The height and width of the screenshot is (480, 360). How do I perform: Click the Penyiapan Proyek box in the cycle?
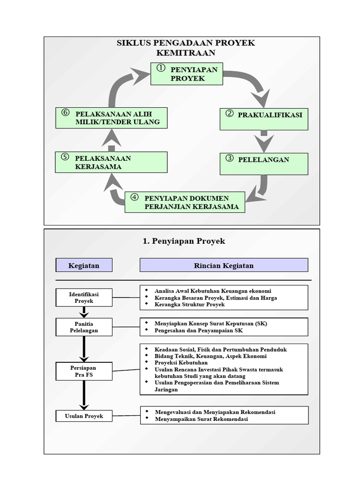click(x=187, y=74)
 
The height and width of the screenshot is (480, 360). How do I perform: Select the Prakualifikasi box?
click(x=264, y=119)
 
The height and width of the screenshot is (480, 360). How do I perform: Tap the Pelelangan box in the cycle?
click(x=264, y=164)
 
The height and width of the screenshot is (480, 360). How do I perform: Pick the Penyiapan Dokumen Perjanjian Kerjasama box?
click(x=185, y=202)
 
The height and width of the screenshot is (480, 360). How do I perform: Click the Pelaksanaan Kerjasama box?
click(x=111, y=162)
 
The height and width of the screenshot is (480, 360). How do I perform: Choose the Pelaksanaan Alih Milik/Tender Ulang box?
click(x=111, y=118)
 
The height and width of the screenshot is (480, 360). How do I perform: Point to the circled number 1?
click(x=161, y=68)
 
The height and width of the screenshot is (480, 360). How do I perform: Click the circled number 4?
click(x=135, y=197)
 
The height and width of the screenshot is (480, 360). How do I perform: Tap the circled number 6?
click(x=65, y=112)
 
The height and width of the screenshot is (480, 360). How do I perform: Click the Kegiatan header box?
click(x=84, y=265)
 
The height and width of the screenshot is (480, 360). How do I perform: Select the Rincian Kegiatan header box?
click(x=224, y=265)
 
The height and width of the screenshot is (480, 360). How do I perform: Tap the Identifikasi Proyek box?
click(x=84, y=297)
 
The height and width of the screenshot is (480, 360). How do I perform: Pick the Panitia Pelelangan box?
click(x=84, y=327)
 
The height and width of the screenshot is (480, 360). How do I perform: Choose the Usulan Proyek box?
click(x=84, y=416)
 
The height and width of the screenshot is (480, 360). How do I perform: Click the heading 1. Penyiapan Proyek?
click(x=184, y=241)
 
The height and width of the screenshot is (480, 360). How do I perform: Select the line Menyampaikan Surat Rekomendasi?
click(x=201, y=419)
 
